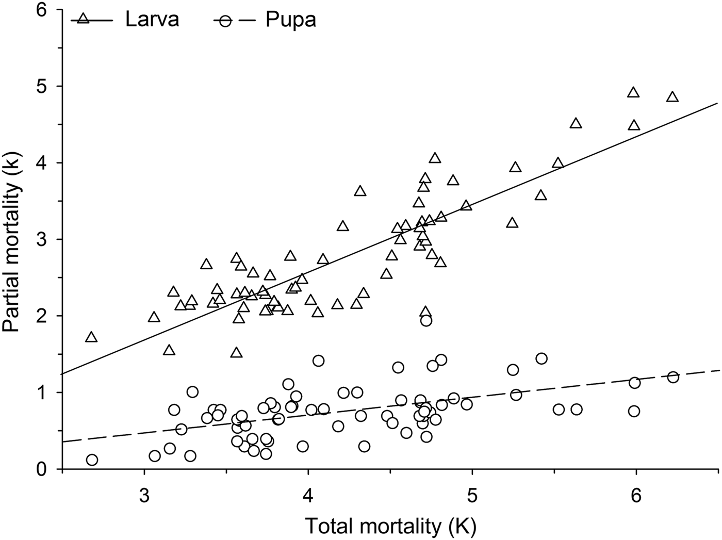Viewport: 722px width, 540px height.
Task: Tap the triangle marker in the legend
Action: pos(84,20)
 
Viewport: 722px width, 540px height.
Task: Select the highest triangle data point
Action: pos(633,93)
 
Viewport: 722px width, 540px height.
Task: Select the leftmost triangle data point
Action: pos(91,337)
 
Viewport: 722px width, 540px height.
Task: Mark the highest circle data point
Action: pos(426,320)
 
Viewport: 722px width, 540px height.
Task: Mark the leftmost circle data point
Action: pos(92,460)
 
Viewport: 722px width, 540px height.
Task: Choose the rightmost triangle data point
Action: pos(672,97)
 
